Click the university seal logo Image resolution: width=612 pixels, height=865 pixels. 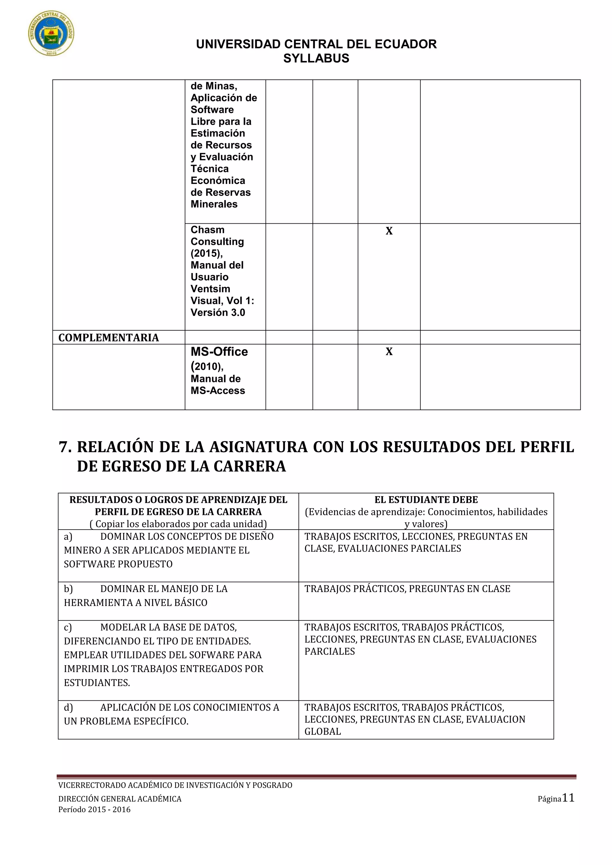tap(51, 33)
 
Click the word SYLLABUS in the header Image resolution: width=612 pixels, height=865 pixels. tap(316, 59)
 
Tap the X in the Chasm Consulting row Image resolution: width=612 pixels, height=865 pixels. tap(389, 231)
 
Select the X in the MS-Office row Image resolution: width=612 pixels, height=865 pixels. tap(389, 352)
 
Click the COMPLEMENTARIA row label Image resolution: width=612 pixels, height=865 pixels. tap(108, 338)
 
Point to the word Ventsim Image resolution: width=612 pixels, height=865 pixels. tap(210, 289)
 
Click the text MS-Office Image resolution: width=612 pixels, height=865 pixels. tap(219, 352)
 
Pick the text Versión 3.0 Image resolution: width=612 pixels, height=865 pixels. tap(218, 313)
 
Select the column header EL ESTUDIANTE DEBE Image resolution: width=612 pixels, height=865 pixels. tap(426, 500)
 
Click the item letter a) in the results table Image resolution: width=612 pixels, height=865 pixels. tap(68, 536)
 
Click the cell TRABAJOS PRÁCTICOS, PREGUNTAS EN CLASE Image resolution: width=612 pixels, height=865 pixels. tap(407, 589)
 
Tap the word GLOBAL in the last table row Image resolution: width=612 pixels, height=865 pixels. tap(322, 731)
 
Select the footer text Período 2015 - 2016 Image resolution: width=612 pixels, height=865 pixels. tap(94, 810)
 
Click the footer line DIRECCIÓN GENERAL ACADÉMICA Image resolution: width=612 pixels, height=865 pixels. tap(120, 799)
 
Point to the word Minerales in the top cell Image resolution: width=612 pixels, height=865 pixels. tap(214, 204)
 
